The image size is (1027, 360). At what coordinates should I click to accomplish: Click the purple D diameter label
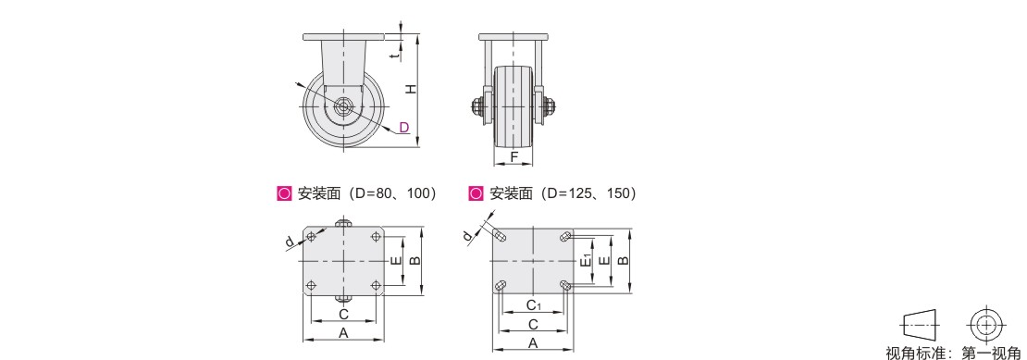point(404,127)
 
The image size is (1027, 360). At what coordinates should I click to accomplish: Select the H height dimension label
point(410,89)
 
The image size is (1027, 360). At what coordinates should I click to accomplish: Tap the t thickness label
point(393,56)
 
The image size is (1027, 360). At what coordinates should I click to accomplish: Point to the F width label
point(514,157)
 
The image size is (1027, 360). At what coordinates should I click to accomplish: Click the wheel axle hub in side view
point(343,106)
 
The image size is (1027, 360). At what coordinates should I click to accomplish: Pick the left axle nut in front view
point(477,105)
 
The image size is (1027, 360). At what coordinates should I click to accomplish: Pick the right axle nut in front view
point(550,105)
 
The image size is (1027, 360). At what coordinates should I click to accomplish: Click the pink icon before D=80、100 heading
point(284,193)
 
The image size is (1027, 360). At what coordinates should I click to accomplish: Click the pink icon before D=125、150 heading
point(476,193)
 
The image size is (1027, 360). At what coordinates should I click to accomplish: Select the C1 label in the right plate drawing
point(534,304)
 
